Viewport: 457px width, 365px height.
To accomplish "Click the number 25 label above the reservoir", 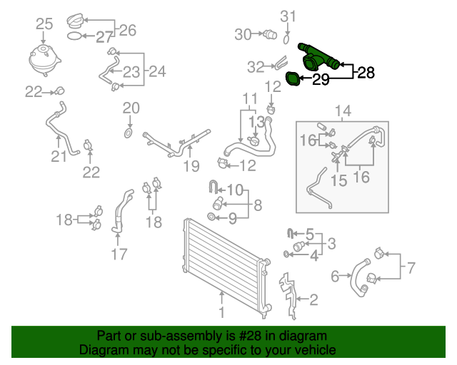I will (44, 24).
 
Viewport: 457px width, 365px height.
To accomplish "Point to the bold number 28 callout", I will (365, 72).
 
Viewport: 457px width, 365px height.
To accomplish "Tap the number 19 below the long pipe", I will (190, 167).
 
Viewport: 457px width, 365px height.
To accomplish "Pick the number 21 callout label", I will (59, 156).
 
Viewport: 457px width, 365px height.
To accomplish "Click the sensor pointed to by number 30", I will (269, 34).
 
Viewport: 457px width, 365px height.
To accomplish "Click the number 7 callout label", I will (411, 269).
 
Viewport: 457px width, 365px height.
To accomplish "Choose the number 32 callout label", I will (256, 67).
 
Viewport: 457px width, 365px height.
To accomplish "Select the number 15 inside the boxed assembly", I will (339, 180).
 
